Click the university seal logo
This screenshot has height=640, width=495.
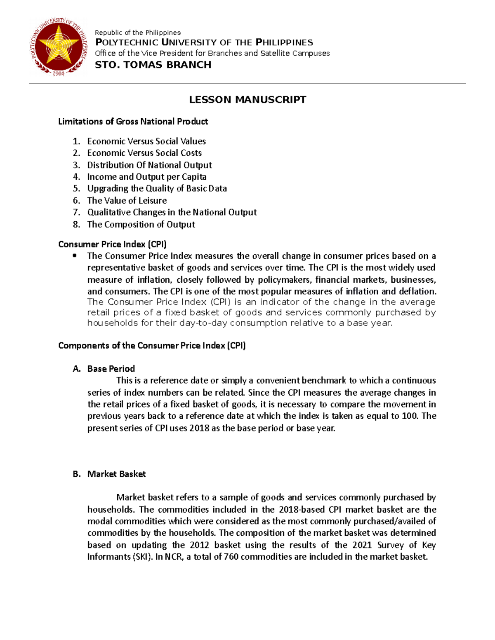[x=59, y=46]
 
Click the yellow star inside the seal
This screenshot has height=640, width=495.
[x=59, y=45]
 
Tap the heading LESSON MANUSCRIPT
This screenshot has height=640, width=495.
[x=247, y=100]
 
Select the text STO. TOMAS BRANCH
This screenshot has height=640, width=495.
[x=153, y=65]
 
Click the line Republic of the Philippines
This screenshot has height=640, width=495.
[x=138, y=33]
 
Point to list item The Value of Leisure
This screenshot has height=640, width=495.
[x=127, y=201]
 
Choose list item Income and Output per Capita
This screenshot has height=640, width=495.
[x=146, y=177]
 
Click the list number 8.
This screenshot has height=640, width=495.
[x=76, y=225]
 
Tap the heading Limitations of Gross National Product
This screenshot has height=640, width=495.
[x=133, y=122]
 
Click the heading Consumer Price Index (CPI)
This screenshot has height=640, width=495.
[x=112, y=244]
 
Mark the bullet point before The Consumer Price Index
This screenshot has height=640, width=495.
[x=75, y=256]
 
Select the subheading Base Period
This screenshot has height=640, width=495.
[x=111, y=369]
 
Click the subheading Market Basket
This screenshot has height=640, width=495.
[x=116, y=474]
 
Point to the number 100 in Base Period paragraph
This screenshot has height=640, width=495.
[x=409, y=416]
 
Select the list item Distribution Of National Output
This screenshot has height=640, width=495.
[x=149, y=165]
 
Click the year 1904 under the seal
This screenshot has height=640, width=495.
[x=59, y=73]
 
